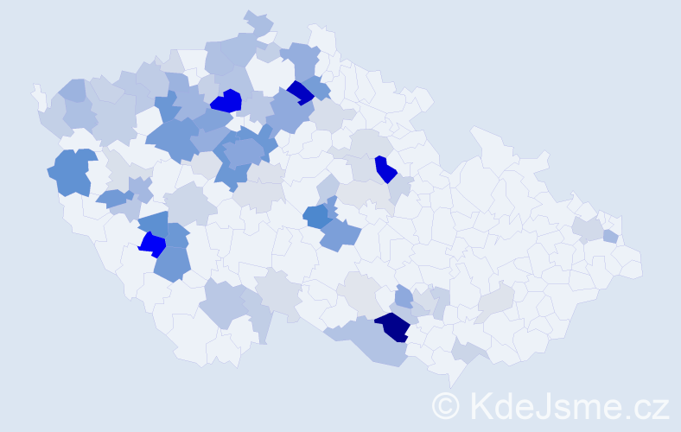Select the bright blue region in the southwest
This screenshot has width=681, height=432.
[x=153, y=245]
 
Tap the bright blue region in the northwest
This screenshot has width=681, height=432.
[x=226, y=101]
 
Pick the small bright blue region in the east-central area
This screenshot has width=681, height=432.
[x=385, y=168]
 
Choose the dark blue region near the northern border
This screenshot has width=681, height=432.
[x=300, y=92]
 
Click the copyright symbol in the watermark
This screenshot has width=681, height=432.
[x=446, y=405]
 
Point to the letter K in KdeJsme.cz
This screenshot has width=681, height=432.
[x=480, y=405]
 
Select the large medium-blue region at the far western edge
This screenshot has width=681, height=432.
[x=71, y=171]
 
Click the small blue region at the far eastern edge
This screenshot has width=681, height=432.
[x=610, y=236]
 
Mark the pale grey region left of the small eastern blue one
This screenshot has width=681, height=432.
[x=588, y=228]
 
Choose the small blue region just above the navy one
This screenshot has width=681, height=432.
[x=404, y=298]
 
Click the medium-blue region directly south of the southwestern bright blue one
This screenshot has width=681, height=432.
[x=173, y=264]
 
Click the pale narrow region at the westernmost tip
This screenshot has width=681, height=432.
[x=38, y=95]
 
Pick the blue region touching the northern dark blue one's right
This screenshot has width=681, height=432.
[x=317, y=88]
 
